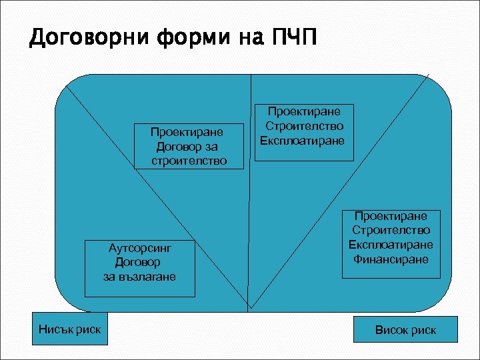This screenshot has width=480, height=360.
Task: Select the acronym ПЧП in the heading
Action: [293, 38]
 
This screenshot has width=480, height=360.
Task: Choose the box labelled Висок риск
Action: [405, 330]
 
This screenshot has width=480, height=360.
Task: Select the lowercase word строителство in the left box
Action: [189, 161]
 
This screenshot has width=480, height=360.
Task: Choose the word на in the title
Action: [253, 38]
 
